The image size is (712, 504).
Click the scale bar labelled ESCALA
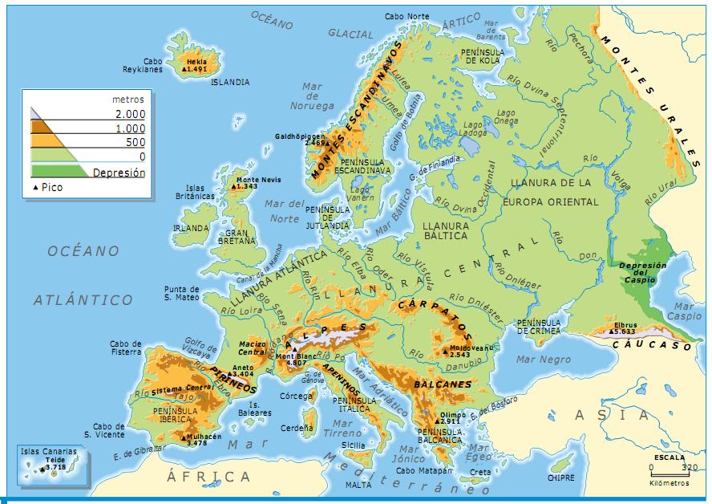click(669, 466)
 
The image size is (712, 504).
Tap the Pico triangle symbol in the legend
click(36, 188)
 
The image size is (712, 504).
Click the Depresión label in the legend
click(119, 173)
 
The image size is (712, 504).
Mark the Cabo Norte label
click(407, 15)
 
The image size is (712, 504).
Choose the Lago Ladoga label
click(475, 128)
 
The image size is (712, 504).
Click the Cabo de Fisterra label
click(125, 348)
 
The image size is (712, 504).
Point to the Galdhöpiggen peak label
click(300, 139)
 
